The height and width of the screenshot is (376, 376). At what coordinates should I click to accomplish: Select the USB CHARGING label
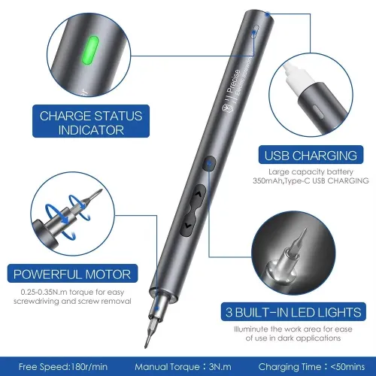pos(309,157)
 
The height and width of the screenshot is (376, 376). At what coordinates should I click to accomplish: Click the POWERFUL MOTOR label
pos(71,274)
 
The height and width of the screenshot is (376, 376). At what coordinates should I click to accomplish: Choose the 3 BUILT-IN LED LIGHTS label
pos(310,311)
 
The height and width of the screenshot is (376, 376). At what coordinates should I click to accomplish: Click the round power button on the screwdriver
pos(210,162)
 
